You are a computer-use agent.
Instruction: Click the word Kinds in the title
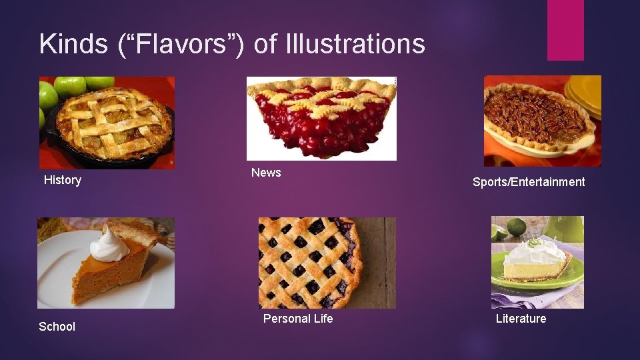point(73,44)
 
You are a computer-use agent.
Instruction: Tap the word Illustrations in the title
point(355,44)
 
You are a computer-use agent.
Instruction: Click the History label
point(63,180)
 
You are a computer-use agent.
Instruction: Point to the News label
point(266,173)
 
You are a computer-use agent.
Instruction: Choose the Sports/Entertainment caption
point(529,182)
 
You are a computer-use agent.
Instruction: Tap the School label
point(57,327)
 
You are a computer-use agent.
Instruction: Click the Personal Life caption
point(298,319)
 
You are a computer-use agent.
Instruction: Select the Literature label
point(521,319)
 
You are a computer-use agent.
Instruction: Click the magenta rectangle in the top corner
point(565,30)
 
